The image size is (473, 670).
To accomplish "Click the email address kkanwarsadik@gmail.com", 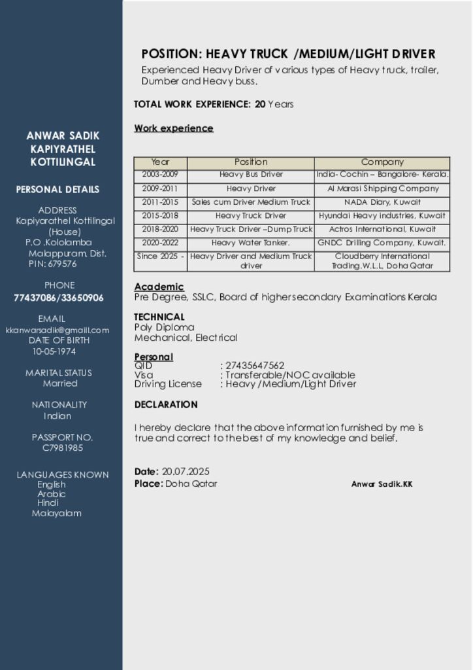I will pos(57,330).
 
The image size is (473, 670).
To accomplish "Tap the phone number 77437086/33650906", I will pos(59,298).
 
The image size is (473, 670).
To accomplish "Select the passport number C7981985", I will pos(63,448).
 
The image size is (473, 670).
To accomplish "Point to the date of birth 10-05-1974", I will pos(54,351).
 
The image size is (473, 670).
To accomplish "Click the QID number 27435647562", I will pos(255,365).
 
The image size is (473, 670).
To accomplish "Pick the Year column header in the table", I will pos(160,162).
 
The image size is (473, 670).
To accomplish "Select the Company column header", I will pos(382,162).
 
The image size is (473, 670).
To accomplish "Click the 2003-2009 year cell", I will pos(160,175).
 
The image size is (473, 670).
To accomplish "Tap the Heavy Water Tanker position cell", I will pos(251,243).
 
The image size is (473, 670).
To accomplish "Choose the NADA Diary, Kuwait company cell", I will pos(382,202).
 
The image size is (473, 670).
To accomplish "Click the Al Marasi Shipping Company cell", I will pos(382,188).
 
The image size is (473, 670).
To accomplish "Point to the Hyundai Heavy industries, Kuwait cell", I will pos(382,216).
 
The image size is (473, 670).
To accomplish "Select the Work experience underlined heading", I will pos(174,128).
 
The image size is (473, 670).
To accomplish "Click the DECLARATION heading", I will pos(166,404).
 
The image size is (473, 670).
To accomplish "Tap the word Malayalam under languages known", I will pos(57,514).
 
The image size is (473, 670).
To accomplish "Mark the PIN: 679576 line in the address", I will pos(52,264).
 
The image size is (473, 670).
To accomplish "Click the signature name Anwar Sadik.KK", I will pos(382,484).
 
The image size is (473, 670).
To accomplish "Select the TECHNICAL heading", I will pos(159,317).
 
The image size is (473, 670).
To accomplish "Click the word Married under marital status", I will pos(60,383).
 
